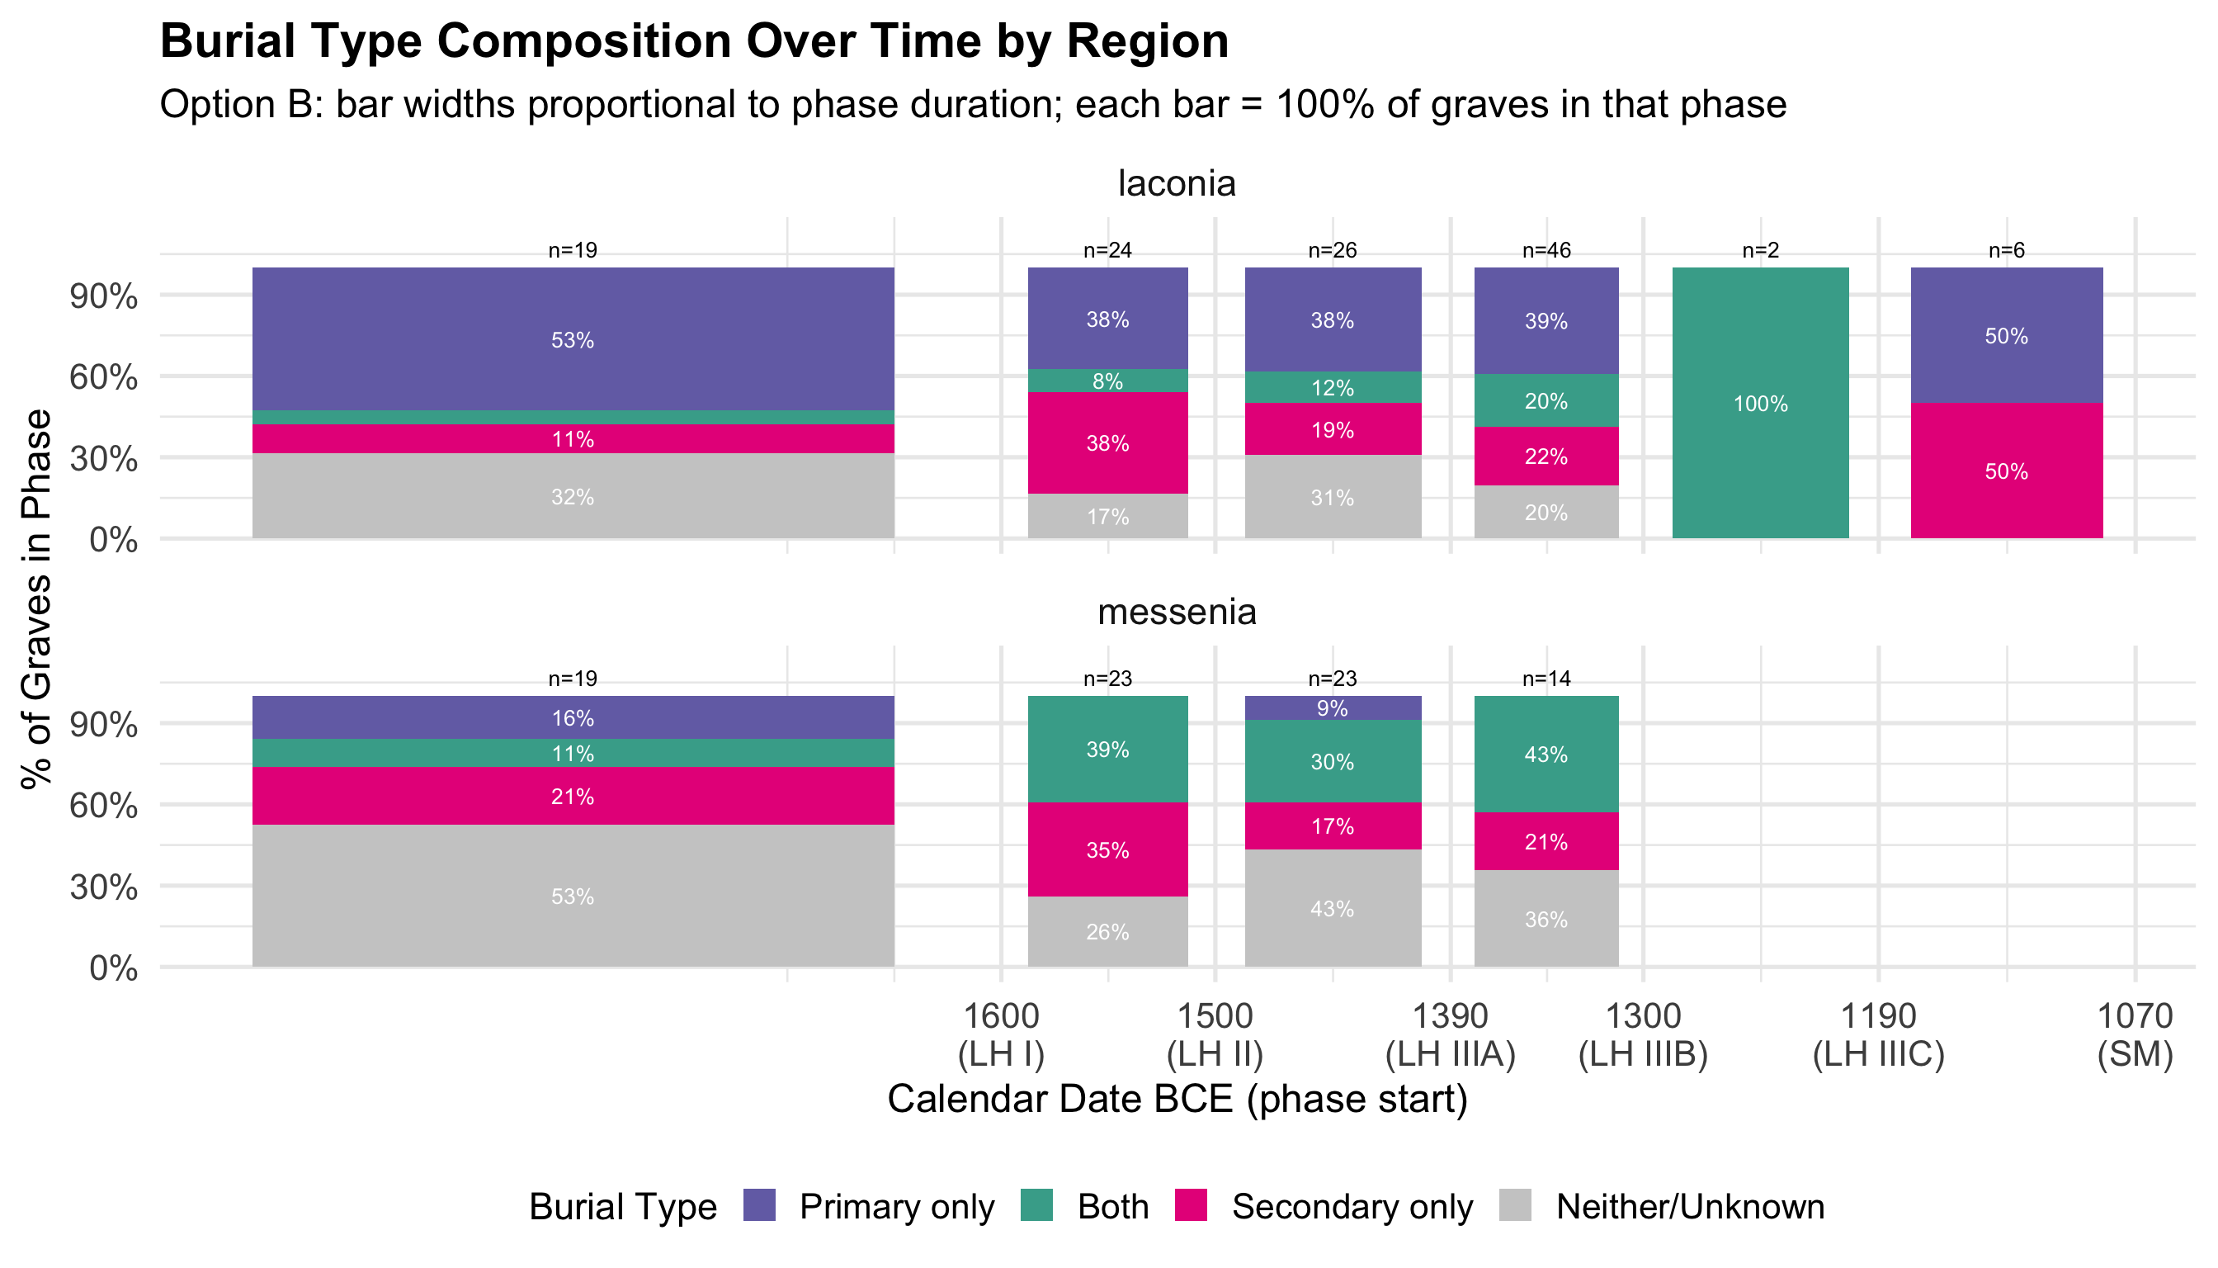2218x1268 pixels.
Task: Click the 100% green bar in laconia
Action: coord(1760,402)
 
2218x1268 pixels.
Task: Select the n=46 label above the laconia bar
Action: coord(1546,251)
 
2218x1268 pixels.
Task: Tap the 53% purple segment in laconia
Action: coord(573,338)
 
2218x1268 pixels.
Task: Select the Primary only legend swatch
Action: coord(760,1205)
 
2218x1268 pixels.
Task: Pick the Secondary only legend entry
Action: coord(1324,1205)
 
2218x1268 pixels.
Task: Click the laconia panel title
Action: coord(1177,183)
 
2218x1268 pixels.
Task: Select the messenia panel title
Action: coord(1177,613)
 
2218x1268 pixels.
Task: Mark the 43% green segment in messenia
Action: coord(1546,755)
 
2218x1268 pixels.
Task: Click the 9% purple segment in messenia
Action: coord(1333,708)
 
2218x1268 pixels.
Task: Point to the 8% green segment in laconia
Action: coord(1107,381)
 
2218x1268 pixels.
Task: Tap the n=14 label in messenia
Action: coord(1546,679)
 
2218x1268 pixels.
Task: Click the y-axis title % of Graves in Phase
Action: coord(36,599)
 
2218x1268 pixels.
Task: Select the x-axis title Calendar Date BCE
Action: coord(1177,1099)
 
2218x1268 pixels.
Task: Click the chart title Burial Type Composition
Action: coord(694,40)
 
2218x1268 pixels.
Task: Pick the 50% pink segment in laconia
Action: coord(2007,471)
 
